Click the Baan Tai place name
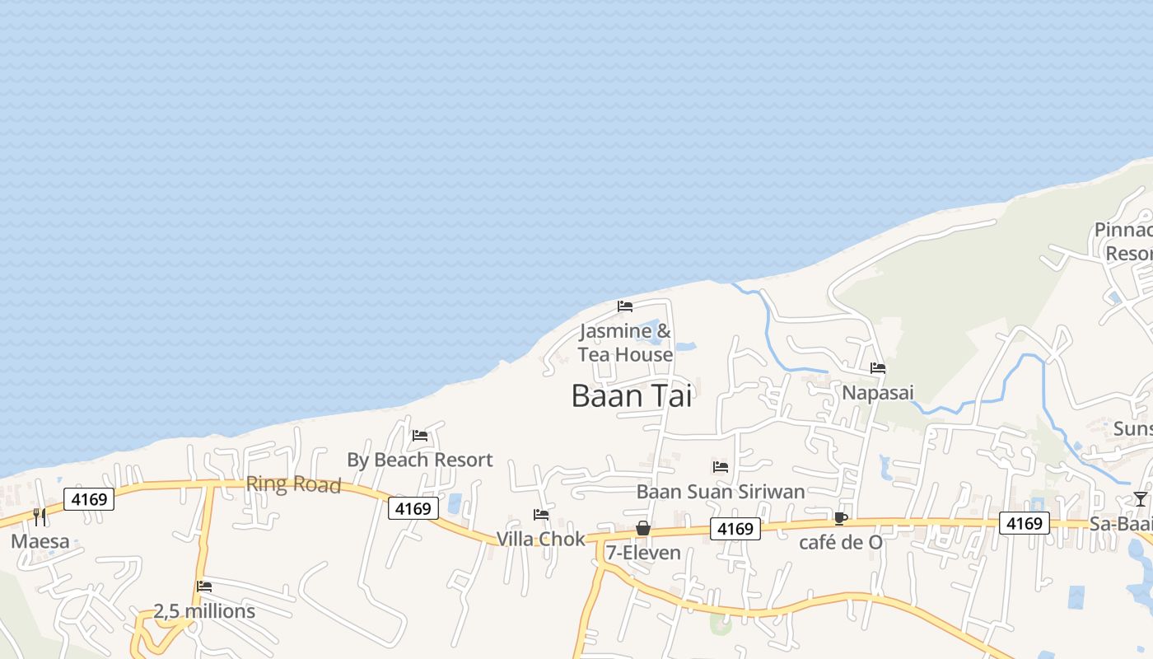[632, 396]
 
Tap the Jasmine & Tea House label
[625, 343]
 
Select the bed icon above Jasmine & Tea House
[625, 306]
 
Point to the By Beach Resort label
[420, 460]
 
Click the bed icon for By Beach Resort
[420, 435]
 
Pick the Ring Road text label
[293, 484]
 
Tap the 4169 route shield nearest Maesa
[89, 499]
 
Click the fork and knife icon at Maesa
[40, 517]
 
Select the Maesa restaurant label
[40, 542]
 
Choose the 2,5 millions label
[204, 611]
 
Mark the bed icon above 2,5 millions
[204, 587]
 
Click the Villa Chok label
[540, 539]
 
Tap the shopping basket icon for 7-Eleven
[643, 528]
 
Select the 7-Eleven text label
[643, 553]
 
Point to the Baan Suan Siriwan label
[721, 492]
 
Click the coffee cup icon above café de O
[840, 518]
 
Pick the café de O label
[840, 543]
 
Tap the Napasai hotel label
[878, 393]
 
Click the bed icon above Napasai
[878, 368]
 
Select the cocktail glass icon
[1140, 498]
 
